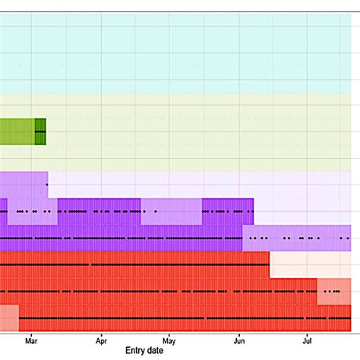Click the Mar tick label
click(31, 341)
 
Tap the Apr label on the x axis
click(100, 341)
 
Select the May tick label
click(169, 341)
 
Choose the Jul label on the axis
click(307, 341)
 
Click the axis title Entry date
click(144, 352)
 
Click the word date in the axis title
click(155, 352)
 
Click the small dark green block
click(40, 131)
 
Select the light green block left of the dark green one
click(17, 131)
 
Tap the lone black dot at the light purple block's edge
click(47, 185)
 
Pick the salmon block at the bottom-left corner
click(8, 317)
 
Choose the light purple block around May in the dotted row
click(171, 211)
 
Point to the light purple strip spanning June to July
click(296, 238)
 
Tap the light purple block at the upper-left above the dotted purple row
click(23, 185)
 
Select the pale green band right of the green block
click(197, 131)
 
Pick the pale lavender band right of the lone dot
click(197, 185)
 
